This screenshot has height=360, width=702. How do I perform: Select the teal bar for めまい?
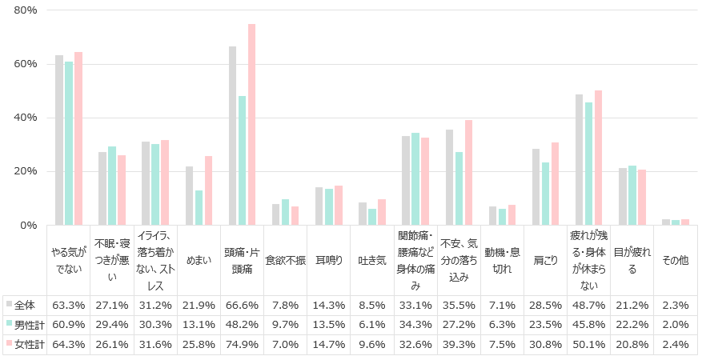point(199,208)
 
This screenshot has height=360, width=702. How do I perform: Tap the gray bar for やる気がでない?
point(59,141)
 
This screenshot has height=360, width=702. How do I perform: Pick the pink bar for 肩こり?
point(555,184)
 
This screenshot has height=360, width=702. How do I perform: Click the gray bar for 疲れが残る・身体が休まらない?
point(579,160)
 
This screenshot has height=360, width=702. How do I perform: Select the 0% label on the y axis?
point(29,226)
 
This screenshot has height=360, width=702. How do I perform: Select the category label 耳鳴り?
point(328,260)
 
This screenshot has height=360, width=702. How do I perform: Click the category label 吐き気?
point(371,260)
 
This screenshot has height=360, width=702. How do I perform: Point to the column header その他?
point(675,260)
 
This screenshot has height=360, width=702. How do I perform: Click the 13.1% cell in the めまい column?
point(199,323)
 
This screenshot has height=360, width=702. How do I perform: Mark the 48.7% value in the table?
point(588,305)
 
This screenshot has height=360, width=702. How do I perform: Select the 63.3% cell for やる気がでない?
point(69,305)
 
